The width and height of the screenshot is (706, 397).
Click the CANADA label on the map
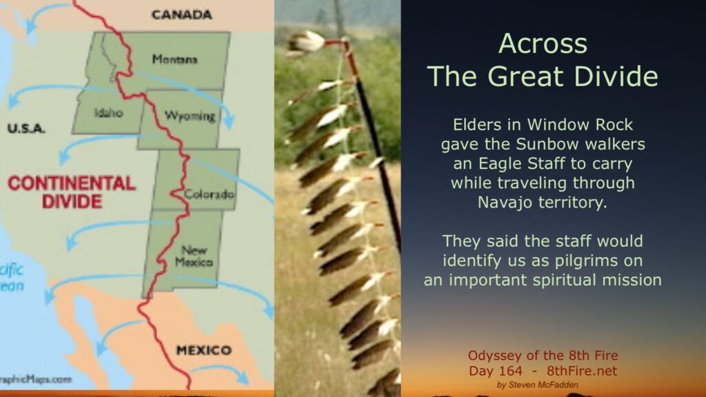tap(181, 15)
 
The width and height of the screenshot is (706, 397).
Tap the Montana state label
tap(174, 59)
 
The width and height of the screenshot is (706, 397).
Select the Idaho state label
tap(108, 112)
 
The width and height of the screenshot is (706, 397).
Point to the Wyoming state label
tap(190, 116)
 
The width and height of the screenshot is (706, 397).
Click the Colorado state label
tap(209, 194)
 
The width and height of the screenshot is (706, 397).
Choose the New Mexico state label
tap(194, 256)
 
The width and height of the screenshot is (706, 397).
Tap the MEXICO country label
tap(204, 350)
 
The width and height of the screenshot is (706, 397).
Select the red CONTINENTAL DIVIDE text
tap(72, 192)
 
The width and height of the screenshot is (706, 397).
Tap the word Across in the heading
tap(543, 43)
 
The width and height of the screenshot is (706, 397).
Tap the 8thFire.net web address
tap(582, 371)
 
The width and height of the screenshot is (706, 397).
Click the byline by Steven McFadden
tap(538, 385)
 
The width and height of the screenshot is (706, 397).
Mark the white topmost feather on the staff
tap(307, 42)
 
